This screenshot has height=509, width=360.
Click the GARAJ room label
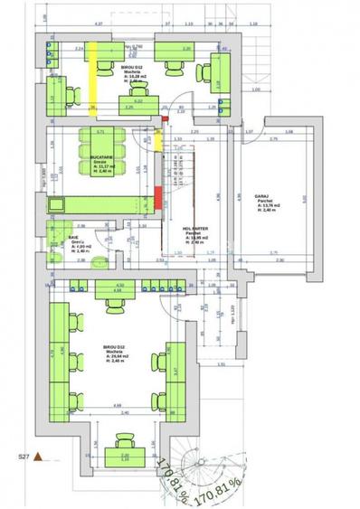coord(263,195)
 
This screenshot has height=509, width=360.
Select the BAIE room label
coord(74,239)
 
